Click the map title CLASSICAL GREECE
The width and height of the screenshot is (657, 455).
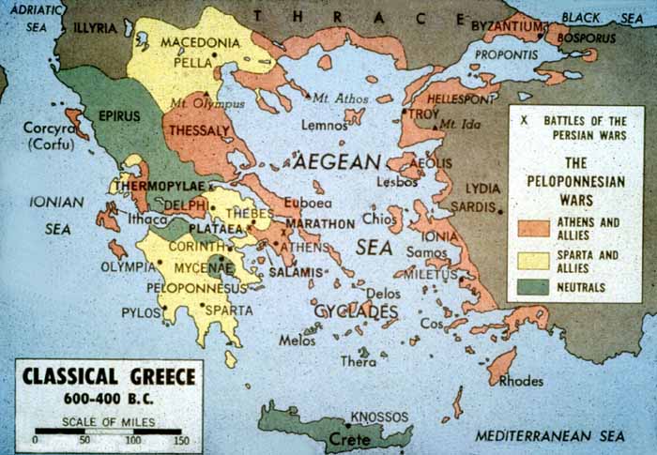(x=109, y=377)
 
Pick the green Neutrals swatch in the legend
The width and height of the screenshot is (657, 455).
(x=533, y=286)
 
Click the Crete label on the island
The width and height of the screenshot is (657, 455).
(x=347, y=439)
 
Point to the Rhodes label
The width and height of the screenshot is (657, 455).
(x=522, y=381)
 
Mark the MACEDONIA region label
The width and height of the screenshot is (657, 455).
(x=197, y=42)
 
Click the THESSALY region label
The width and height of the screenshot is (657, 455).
(x=199, y=131)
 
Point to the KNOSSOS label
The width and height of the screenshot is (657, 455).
(x=379, y=416)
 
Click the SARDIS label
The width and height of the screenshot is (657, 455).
(x=473, y=206)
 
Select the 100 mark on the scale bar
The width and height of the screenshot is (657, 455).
(x=132, y=439)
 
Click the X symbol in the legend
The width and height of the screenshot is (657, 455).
(x=524, y=121)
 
